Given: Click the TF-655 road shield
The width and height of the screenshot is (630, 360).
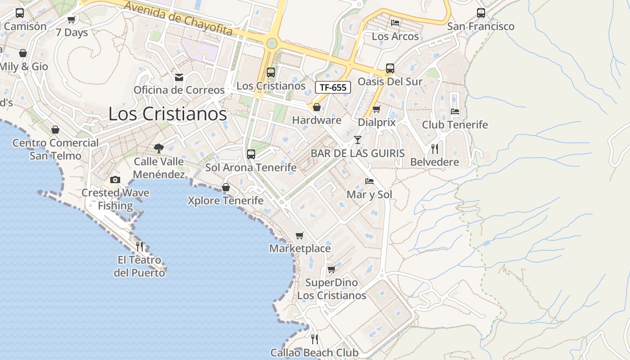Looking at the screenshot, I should pos(333,87).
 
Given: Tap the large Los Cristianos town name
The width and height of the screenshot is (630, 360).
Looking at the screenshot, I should pos(167,114).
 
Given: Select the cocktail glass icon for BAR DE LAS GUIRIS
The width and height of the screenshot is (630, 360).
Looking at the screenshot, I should pos(357,140).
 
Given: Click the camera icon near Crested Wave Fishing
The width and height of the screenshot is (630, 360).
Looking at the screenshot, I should pos(115,180).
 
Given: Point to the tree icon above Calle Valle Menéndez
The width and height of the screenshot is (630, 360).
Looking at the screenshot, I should pos(158,148).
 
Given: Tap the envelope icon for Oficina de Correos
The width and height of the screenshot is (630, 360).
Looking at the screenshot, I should pos(179,77).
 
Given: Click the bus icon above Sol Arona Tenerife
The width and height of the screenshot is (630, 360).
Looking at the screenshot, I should pos(251,154).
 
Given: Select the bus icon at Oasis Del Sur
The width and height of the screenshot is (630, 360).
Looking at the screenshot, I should pos(390,68).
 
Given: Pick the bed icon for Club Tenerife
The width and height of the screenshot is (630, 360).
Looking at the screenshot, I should pos(454,111).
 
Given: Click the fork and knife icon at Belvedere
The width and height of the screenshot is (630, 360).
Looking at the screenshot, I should pos(434,148).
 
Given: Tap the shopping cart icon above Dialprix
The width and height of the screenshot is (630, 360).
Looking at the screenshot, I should pos(377,109).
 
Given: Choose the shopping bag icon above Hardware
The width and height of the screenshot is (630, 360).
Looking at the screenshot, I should pos(316,107).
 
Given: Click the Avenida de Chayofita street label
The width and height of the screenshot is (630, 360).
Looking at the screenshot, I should pos(178,19).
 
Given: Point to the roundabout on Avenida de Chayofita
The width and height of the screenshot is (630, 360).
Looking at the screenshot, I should pos(271,44).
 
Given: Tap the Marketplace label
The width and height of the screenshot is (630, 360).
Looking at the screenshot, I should pos(300,248).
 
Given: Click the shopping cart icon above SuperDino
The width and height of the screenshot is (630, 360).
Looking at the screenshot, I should pos(331,269).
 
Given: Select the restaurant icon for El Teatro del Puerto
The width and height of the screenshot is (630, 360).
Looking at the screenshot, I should pos(139,246).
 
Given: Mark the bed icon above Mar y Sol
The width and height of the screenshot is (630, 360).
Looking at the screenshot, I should pos(369,181).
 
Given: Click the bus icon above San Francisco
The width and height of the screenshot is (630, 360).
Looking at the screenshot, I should pos(481,13).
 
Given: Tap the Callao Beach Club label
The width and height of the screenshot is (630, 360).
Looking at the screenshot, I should pos(314,352).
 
